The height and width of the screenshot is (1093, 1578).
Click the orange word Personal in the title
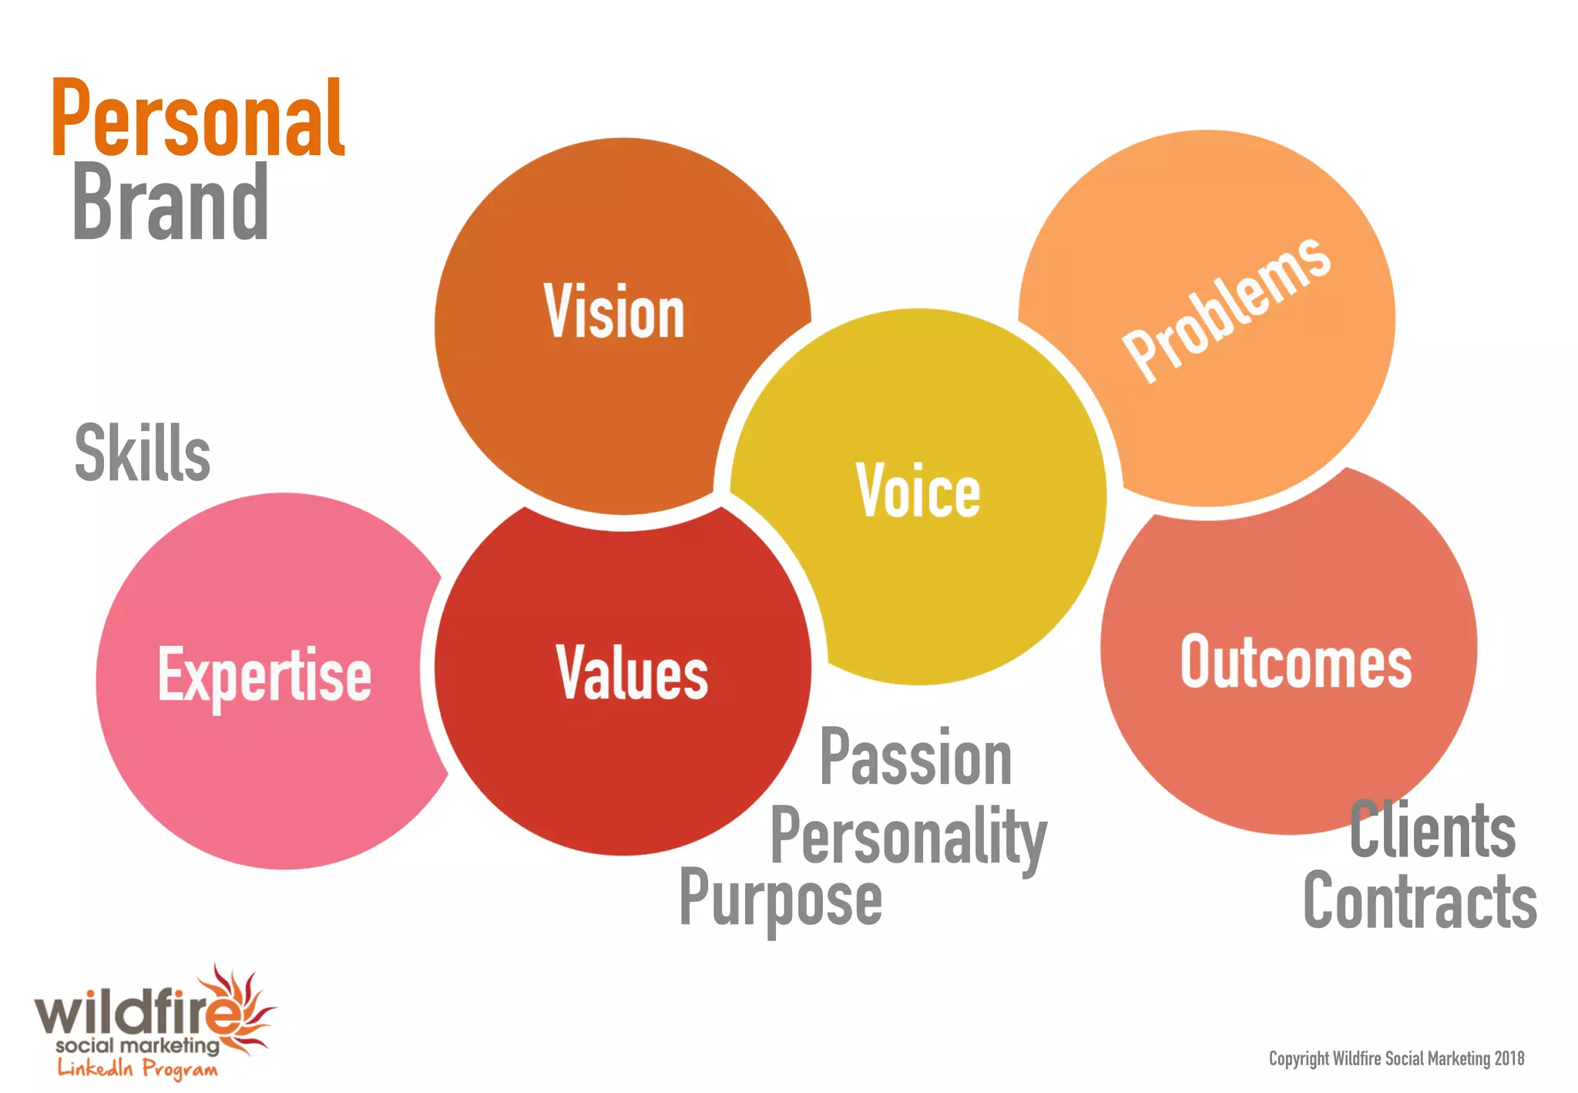[198, 119]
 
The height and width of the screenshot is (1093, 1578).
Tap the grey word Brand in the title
[170, 202]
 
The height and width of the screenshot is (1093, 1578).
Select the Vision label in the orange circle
[614, 312]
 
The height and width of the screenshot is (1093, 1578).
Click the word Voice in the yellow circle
[918, 491]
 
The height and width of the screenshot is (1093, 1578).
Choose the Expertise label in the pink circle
[265, 676]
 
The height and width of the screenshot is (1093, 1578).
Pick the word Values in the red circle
[632, 674]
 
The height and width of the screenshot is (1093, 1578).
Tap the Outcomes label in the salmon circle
[1296, 662]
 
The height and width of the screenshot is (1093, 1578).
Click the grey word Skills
[143, 453]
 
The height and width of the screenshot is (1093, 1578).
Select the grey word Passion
[915, 758]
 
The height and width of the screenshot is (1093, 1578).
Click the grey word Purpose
[781, 899]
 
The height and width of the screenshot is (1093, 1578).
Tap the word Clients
[1432, 830]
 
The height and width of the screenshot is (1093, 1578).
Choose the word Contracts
[1420, 901]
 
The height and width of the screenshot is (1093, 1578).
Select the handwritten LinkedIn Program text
[137, 1069]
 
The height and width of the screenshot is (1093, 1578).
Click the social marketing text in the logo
[137, 1046]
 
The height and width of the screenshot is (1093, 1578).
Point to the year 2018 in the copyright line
[1509, 1059]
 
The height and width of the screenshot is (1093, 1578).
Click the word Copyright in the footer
[1299, 1059]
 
